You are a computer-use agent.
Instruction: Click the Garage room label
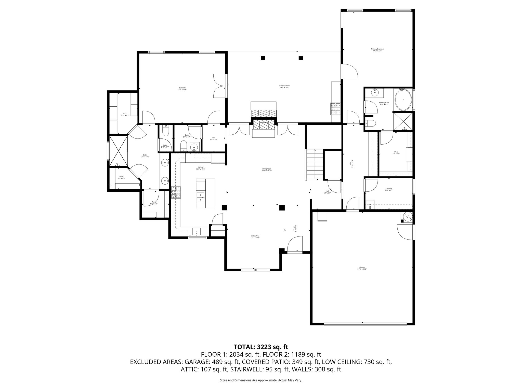coord(362,268)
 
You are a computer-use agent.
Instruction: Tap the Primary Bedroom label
coord(377,50)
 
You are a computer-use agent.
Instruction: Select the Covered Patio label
coord(284,87)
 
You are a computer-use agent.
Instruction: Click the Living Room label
coord(267,170)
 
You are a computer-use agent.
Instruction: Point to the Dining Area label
coord(255,237)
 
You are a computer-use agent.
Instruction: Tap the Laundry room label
coord(388,189)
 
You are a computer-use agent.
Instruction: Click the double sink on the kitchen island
coord(201,197)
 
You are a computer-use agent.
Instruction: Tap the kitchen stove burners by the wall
coord(176,192)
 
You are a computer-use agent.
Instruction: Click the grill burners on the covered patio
coord(336,109)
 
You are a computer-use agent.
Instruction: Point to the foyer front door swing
coord(294,244)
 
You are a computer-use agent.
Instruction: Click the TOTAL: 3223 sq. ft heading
coord(261,347)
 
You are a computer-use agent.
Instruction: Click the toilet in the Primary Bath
coord(371,123)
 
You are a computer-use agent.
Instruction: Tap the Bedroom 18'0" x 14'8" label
coord(182,89)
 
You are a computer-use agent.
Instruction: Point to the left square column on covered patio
coord(263,58)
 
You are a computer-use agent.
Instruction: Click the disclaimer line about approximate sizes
coord(261,380)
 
